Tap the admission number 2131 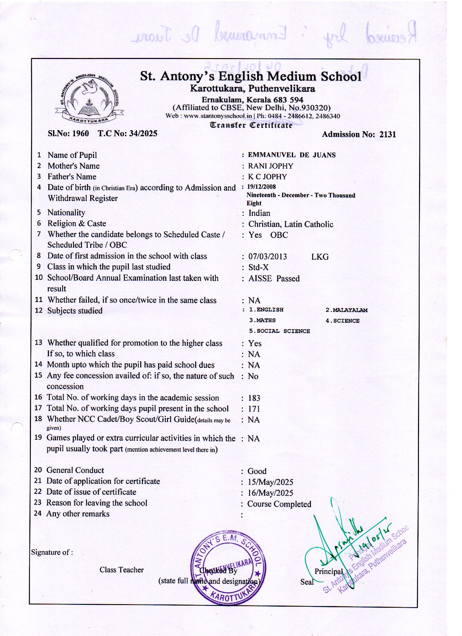(388, 134)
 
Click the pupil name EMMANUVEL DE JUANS (292, 155)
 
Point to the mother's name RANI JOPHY (270, 166)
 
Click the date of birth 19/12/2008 (261, 187)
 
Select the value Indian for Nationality (259, 213)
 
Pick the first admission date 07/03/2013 (268, 257)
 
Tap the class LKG (320, 257)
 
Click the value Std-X (258, 267)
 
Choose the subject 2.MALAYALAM (347, 310)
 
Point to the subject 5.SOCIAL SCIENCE (279, 331)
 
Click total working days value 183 (254, 398)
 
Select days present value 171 (254, 409)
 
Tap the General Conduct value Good (257, 471)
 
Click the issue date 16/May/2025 (270, 493)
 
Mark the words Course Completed (279, 504)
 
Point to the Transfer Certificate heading (251, 125)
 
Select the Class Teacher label (122, 570)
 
